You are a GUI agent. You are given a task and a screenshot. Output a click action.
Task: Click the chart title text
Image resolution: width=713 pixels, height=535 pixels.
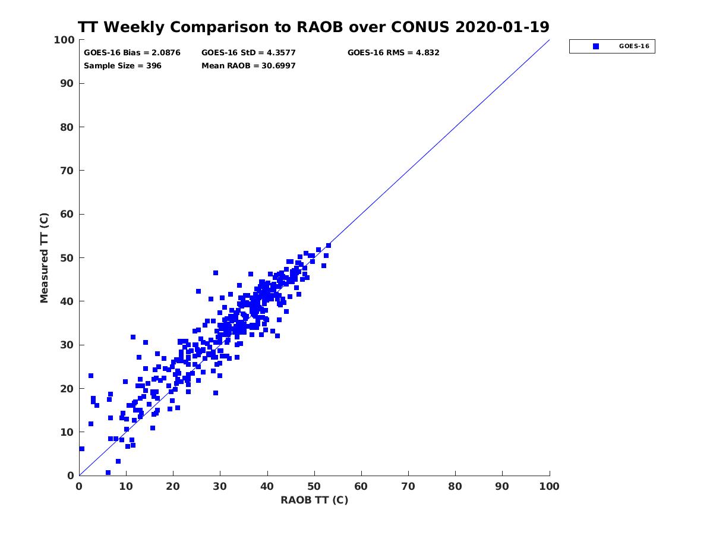[x=314, y=27]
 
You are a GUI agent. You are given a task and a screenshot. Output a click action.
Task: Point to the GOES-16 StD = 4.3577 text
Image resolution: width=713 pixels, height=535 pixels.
[x=248, y=52]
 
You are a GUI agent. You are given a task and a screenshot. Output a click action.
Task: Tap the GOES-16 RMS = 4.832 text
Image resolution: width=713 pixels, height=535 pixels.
[x=393, y=52]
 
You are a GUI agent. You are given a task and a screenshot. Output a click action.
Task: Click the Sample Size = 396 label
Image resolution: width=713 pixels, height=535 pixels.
[x=122, y=65]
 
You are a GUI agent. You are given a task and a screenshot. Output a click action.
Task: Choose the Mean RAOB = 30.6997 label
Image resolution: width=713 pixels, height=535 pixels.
[x=248, y=65]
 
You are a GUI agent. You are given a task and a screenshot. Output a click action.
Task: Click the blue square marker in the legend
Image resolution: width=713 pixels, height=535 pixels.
[x=595, y=46]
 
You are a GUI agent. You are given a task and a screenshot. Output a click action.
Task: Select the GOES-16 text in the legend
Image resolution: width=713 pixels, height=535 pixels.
[x=633, y=46]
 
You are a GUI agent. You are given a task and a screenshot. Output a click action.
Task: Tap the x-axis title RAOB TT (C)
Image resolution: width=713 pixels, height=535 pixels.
[x=314, y=500]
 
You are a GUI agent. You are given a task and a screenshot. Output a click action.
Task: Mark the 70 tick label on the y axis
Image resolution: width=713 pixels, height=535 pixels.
[x=67, y=171]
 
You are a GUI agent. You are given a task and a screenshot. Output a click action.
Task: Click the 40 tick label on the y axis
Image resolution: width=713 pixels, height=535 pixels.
[x=67, y=301]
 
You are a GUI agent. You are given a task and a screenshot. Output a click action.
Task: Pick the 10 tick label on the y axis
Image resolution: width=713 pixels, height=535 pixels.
[x=67, y=432]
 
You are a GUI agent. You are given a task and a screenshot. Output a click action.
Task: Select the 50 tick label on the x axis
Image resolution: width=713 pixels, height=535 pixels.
[x=314, y=486]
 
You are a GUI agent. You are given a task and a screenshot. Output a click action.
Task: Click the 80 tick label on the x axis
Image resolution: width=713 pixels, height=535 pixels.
[x=455, y=486]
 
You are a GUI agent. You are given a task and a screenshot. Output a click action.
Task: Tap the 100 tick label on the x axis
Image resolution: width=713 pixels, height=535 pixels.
[x=550, y=486]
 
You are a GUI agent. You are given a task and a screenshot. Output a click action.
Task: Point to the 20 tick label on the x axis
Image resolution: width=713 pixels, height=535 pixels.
[x=173, y=486]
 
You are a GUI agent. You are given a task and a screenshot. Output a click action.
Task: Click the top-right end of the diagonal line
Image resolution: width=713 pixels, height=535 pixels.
[x=549, y=40]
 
